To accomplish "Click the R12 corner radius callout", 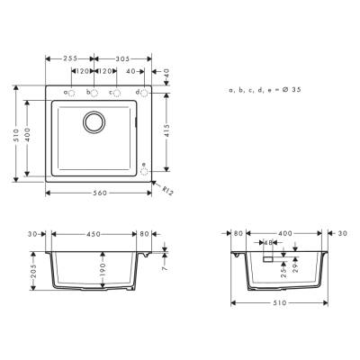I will tap(166, 190).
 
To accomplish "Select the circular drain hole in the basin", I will tap(94, 121).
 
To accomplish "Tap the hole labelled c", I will tap(116, 92).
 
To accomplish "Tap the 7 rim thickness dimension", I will tap(165, 268).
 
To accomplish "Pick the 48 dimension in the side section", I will tap(267, 243).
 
